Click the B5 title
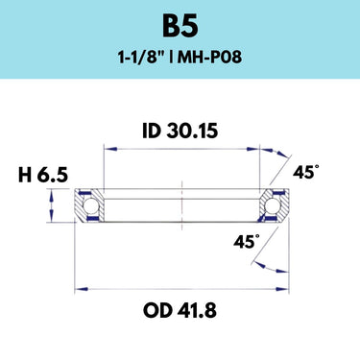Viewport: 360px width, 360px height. coord(180,27)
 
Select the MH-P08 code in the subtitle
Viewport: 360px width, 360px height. coord(210,58)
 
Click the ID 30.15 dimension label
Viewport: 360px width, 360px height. coord(180,131)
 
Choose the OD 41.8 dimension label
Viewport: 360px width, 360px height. coord(180,310)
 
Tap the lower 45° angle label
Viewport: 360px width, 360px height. coord(247,241)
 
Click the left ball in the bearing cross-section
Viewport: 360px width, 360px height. coord(90,205)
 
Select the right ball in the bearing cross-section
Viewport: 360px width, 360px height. coord(273,205)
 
